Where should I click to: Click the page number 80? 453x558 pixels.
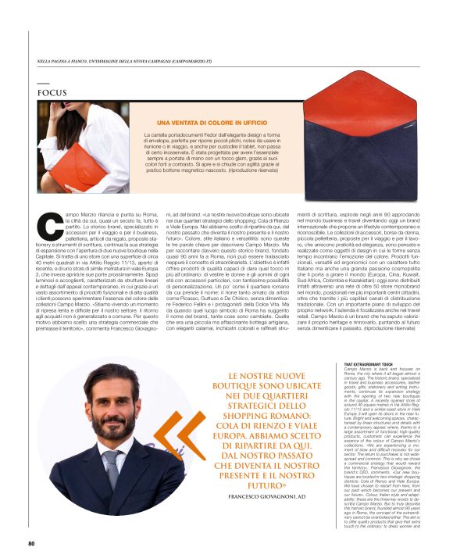(31, 543)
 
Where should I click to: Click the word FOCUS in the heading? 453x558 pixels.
(52, 92)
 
